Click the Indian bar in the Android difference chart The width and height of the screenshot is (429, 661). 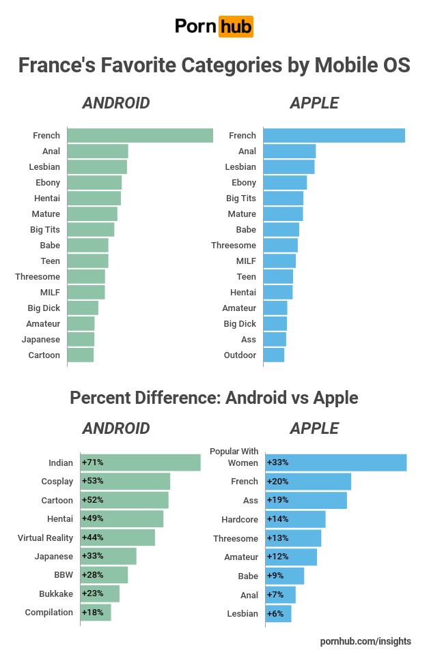(140, 462)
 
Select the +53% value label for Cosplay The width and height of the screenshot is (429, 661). (93, 482)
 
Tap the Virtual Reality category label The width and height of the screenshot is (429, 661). (45, 538)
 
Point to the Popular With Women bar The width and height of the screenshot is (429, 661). (335, 462)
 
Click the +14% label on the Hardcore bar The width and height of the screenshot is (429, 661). (278, 520)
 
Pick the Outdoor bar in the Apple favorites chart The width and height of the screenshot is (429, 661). (273, 355)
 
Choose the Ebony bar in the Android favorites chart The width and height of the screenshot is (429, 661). (94, 183)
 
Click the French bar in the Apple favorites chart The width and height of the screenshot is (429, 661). (333, 136)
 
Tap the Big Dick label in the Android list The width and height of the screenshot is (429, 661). (44, 308)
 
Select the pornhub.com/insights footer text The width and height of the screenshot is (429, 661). (365, 641)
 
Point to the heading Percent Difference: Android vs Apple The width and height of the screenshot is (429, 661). (214, 397)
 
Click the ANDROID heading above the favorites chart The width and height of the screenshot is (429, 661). (115, 103)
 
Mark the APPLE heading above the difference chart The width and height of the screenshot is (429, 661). (314, 428)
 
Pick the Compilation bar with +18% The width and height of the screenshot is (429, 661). (96, 613)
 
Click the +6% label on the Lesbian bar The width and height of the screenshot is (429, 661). (275, 614)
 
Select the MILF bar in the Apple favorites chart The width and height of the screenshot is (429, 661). (279, 261)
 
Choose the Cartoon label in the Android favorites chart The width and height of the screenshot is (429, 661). (44, 355)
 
